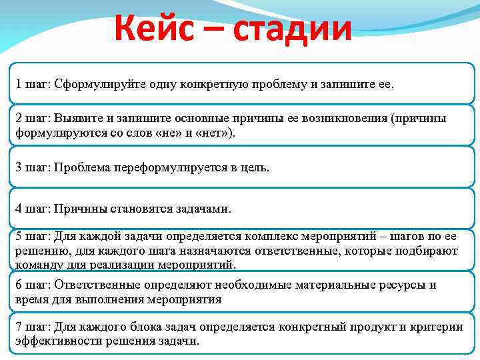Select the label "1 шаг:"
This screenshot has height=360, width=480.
[34, 85]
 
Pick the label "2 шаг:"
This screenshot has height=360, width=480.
[34, 118]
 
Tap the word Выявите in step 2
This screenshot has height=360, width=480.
[75, 118]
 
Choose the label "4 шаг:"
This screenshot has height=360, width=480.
[34, 209]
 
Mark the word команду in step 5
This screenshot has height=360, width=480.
[37, 265]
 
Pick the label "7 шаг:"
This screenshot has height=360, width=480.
[34, 327]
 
